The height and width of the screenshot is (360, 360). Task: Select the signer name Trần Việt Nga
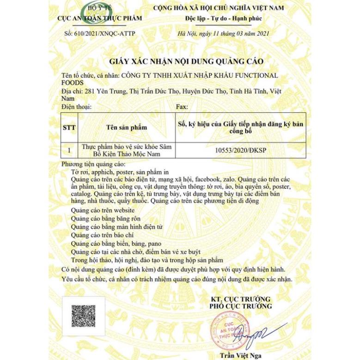pyautogui.click(x=240, y=355)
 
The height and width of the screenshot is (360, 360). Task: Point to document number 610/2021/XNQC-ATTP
pyautogui.click(x=100, y=34)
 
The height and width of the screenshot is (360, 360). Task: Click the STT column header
pyautogui.click(x=69, y=127)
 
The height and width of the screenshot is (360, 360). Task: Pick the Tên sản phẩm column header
pyautogui.click(x=126, y=127)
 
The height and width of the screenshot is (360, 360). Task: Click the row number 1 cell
pyautogui.click(x=69, y=150)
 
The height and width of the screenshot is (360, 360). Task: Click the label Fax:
pyautogui.click(x=182, y=107)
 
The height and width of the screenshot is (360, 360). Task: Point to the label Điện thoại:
pyautogui.click(x=77, y=107)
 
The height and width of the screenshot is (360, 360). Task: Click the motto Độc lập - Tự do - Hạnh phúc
pyautogui.click(x=224, y=18)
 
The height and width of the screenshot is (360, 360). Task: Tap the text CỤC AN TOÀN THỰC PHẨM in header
pyautogui.click(x=99, y=18)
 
